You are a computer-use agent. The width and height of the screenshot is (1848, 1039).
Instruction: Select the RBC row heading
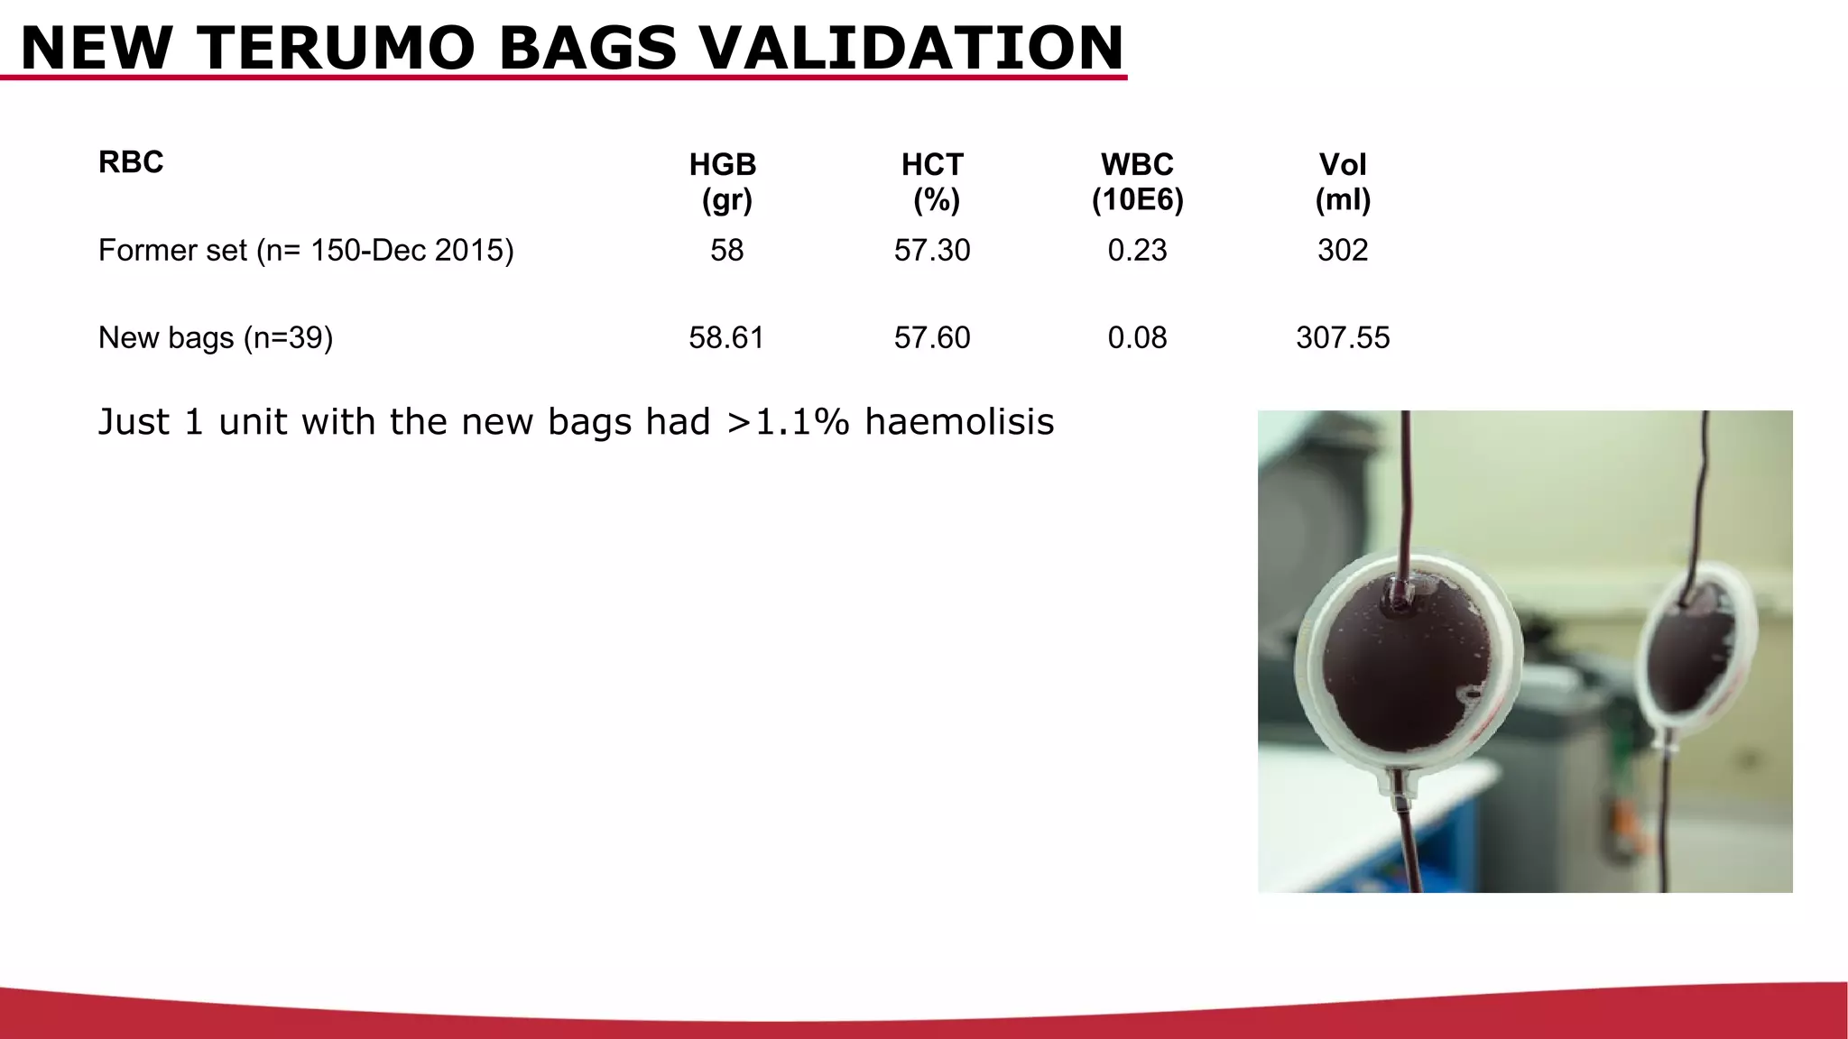coord(131,162)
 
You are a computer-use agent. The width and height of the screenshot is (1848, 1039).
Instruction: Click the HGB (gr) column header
coord(724,181)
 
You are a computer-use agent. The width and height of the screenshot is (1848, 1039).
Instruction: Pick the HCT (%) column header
coord(933,181)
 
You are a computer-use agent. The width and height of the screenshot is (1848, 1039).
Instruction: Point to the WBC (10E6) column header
coord(1137,181)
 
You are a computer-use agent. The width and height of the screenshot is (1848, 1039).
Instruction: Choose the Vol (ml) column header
coord(1343,181)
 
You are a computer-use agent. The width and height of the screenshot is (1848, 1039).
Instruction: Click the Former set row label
coord(306,250)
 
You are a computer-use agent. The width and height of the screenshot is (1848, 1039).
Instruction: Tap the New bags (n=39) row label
coord(216,337)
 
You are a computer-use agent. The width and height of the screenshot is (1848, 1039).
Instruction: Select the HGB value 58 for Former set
coord(726,250)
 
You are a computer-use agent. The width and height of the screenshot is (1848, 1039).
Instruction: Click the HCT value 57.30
coord(932,250)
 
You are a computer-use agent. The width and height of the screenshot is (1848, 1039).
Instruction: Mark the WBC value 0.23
coord(1137,250)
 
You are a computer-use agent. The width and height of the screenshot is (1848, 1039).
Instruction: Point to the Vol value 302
coord(1343,250)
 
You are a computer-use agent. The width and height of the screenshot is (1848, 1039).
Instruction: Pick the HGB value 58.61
coord(726,337)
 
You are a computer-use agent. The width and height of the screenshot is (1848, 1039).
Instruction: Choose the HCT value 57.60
coord(932,337)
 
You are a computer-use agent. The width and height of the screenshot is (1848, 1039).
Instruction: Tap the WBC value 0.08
coord(1137,337)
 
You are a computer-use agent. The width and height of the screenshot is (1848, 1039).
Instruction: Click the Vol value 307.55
coord(1343,337)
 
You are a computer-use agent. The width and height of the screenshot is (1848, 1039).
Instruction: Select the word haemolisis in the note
coord(959,421)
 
